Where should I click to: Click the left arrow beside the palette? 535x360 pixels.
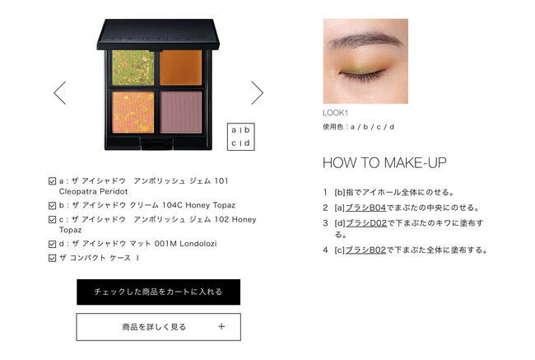[60, 92]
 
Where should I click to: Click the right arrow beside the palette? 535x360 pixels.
[258, 92]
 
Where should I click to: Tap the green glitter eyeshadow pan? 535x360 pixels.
[133, 68]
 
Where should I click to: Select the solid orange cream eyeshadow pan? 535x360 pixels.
[181, 68]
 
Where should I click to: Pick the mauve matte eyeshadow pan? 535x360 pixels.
[181, 112]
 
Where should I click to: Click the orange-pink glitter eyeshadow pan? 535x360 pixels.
[133, 112]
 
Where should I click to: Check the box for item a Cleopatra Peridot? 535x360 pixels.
[52, 181]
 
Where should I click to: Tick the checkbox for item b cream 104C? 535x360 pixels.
[52, 206]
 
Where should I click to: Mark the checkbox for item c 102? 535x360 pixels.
[52, 220]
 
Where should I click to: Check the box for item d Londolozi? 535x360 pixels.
[52, 244]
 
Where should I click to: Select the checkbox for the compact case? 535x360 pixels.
[52, 258]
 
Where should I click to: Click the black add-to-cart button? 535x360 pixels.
[158, 292]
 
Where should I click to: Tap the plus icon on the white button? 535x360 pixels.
[221, 326]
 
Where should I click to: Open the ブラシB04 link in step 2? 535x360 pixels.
[365, 208]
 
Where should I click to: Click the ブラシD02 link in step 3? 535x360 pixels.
[366, 223]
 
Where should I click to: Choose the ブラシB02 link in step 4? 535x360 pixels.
[365, 250]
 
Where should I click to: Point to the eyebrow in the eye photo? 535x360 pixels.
[365, 40]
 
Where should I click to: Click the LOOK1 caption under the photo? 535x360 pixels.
[335, 113]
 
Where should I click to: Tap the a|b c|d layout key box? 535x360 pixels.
[241, 137]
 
